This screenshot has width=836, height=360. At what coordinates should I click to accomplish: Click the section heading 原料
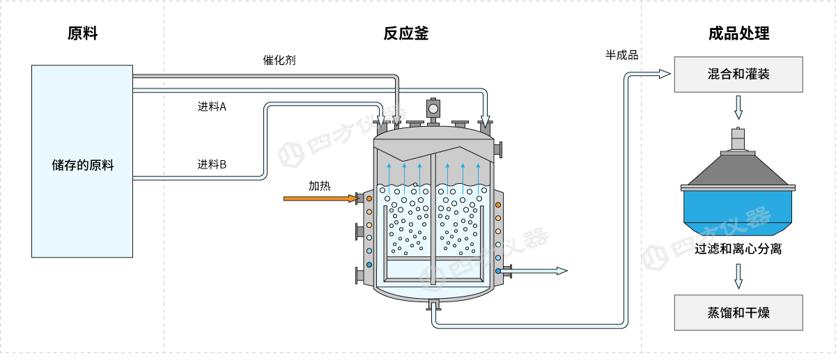[x=82, y=33]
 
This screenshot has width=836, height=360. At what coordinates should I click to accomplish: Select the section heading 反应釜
[x=405, y=33]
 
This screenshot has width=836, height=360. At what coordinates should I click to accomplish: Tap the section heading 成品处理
[x=738, y=33]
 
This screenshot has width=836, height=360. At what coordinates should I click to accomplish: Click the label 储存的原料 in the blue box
[x=82, y=166]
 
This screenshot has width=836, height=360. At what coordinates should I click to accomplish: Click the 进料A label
[x=212, y=107]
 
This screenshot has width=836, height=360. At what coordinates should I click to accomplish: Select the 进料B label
[x=212, y=165]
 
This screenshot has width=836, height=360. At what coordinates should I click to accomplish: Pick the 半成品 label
[x=622, y=55]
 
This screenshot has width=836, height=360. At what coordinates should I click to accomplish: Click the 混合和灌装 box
[x=738, y=75]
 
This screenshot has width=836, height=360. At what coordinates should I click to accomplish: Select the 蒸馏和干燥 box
[x=738, y=312]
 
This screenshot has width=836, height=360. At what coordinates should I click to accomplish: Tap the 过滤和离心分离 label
[x=738, y=249]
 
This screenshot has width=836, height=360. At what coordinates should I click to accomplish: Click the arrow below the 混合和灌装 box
[x=738, y=108]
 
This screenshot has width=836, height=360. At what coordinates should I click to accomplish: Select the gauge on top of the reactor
[x=433, y=108]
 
